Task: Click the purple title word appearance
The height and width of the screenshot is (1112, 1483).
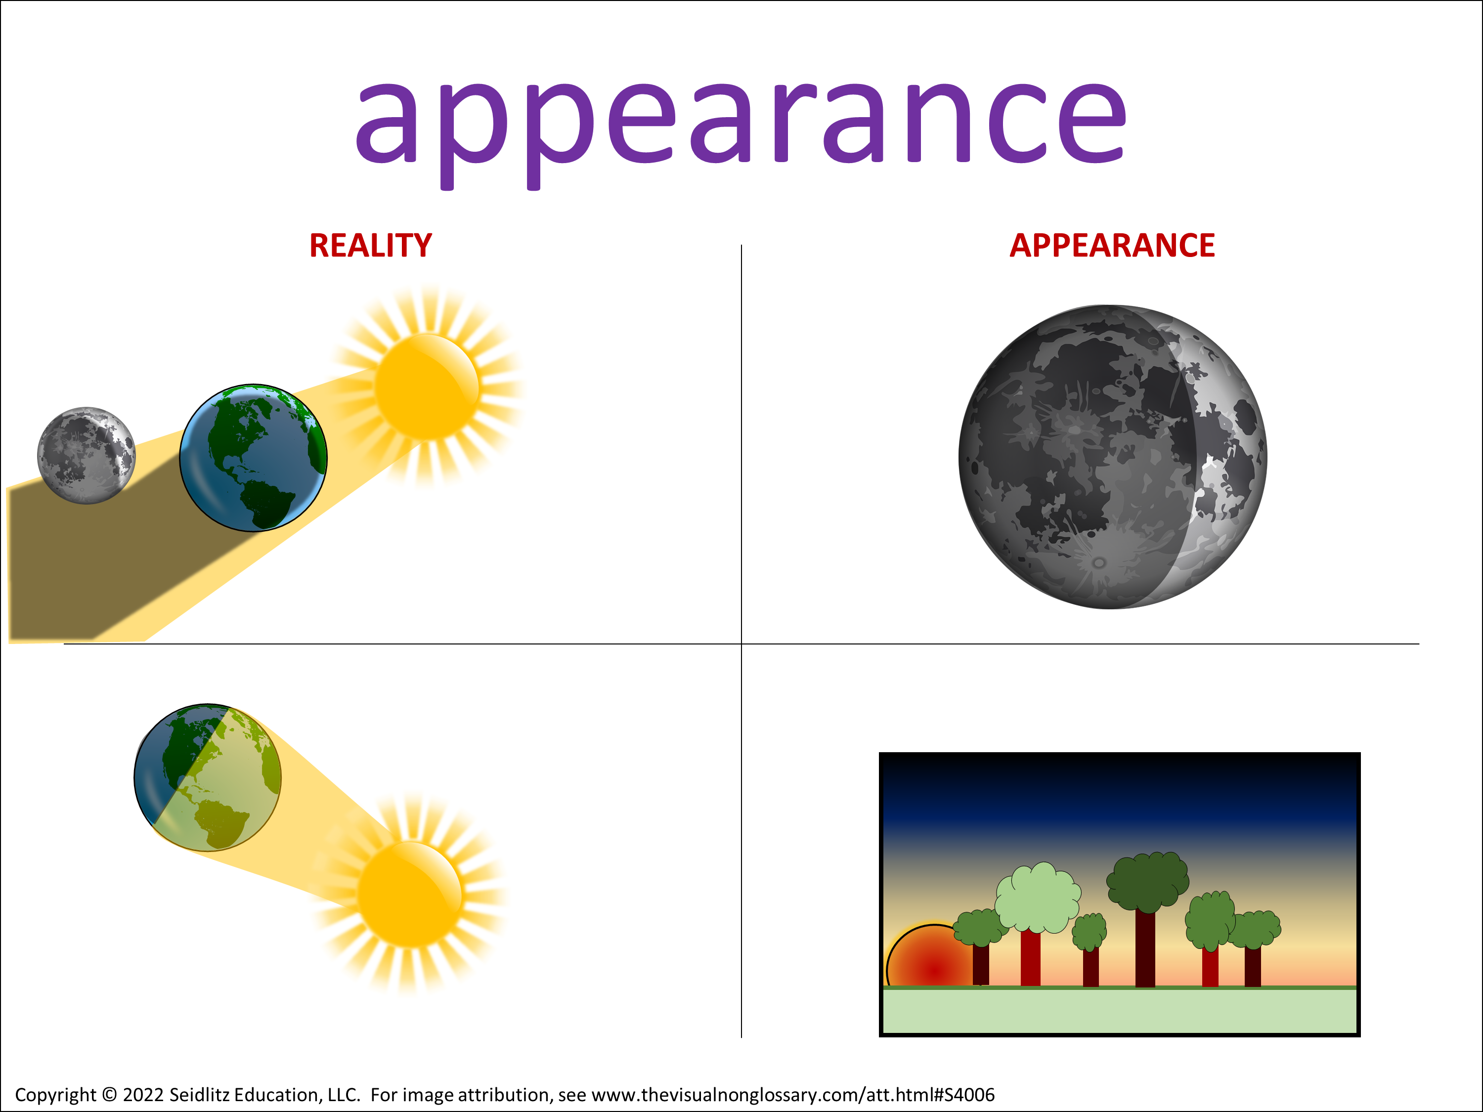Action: pos(741,128)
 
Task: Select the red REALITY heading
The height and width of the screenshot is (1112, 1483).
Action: pos(371,245)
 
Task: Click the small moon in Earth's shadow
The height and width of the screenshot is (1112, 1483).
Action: pos(86,455)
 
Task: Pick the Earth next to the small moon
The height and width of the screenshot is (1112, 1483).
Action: pos(254,458)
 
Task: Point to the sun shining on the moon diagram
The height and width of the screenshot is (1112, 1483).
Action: pos(428,387)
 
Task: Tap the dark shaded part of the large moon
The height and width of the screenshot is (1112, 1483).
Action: pos(1073,456)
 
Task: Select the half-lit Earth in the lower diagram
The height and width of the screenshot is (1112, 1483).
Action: pos(208,777)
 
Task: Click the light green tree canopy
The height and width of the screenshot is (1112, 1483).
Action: pos(1037,898)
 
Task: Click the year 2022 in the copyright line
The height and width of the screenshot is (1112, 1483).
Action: pos(143,1095)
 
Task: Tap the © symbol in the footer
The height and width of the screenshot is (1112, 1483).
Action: pos(109,1095)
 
